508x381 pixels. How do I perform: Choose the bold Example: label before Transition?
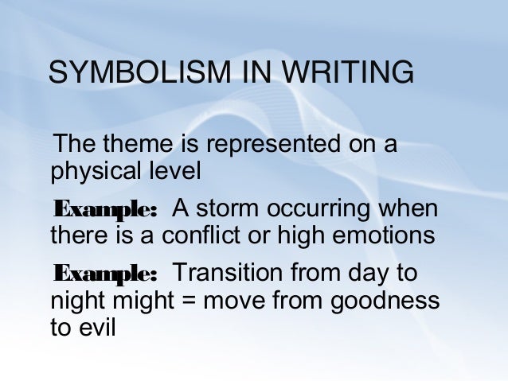coord(105,274)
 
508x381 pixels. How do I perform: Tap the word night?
coord(77,301)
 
